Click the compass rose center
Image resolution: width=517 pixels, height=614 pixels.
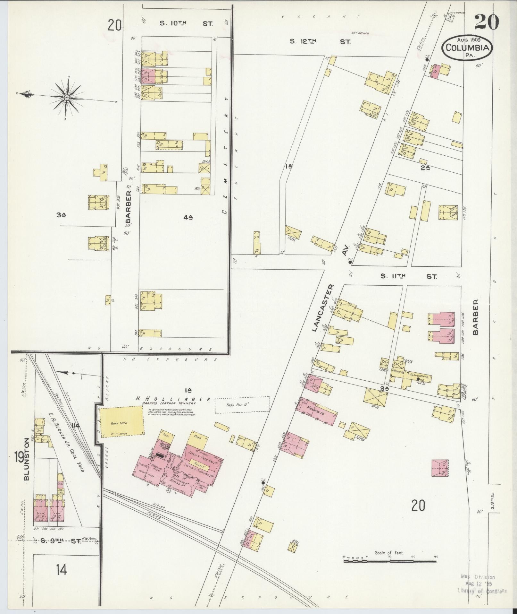[x=67, y=97]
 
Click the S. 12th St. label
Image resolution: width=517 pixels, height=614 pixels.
[x=320, y=41]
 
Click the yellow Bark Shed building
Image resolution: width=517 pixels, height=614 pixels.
[x=122, y=421]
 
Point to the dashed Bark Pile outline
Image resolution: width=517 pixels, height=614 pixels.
[x=242, y=405]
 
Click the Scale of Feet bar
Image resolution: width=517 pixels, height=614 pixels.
[x=390, y=561]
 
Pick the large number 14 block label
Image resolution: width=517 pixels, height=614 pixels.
[x=61, y=570]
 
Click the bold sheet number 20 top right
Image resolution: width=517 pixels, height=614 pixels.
[x=486, y=22]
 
